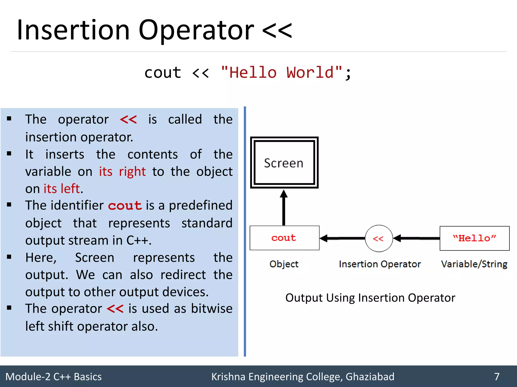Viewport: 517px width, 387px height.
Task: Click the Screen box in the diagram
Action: coord(284,163)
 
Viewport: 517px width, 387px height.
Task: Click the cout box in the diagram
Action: coord(284,238)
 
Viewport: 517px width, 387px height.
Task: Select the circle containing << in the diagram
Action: coord(379,238)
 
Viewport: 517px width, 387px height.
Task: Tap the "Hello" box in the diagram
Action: coord(474,238)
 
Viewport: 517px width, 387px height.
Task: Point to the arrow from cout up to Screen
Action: coord(284,208)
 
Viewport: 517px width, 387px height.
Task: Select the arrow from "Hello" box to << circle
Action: coord(417,238)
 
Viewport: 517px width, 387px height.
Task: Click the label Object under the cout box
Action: coord(284,264)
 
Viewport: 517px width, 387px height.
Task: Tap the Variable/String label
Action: coord(474,264)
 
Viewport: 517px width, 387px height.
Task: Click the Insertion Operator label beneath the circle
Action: coord(380,264)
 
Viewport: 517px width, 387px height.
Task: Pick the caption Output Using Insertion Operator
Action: coord(370,298)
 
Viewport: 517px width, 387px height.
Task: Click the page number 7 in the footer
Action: coord(497,377)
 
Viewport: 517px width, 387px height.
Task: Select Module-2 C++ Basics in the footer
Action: coord(54,377)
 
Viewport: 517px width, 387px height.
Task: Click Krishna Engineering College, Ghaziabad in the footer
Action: coord(303,377)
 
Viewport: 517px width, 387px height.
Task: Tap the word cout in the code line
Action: coord(163,73)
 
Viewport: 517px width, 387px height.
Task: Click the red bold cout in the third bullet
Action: coord(125,206)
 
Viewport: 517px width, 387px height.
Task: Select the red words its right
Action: coord(122,172)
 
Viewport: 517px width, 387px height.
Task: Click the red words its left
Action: coord(62,189)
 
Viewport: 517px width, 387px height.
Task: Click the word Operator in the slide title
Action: coord(196,30)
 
